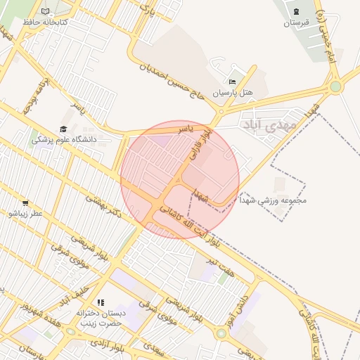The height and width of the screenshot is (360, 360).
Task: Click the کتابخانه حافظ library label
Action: click(44, 22)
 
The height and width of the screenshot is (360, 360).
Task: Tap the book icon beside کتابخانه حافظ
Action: click(46, 12)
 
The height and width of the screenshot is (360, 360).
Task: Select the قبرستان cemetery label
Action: click(296, 22)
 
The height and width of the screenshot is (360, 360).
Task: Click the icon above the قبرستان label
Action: click(296, 11)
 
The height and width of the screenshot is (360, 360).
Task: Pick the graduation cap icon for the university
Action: click(63, 129)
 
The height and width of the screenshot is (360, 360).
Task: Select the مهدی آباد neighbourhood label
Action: click(269, 124)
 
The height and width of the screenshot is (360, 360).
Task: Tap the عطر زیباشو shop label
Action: click(25, 213)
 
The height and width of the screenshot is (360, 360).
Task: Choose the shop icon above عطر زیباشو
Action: click(25, 203)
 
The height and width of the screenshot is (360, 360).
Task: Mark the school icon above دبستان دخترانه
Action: click(100, 302)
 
